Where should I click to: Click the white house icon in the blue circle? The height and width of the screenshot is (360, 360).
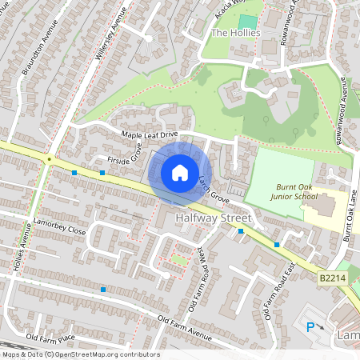point(180,172)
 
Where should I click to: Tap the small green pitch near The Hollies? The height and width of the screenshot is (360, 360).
point(248,22)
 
